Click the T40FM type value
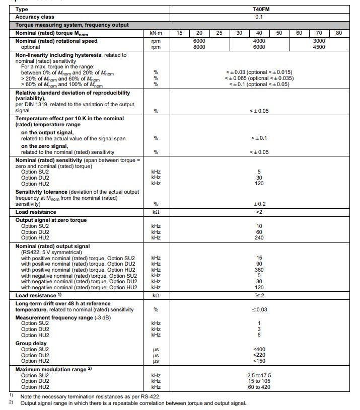click(x=259, y=9)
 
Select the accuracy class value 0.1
click(x=259, y=17)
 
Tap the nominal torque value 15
click(x=180, y=33)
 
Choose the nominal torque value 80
click(x=339, y=33)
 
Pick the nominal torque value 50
click(x=279, y=33)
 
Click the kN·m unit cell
click(x=156, y=33)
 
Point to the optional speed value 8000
click(x=199, y=47)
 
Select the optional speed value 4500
click(x=319, y=47)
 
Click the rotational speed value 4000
click(x=259, y=41)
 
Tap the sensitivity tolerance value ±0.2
click(x=259, y=204)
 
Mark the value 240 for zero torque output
click(x=259, y=238)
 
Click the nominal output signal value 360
click(x=259, y=270)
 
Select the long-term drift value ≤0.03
click(x=259, y=309)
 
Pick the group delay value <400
click(x=259, y=349)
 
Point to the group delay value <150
click(x=259, y=361)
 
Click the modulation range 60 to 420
click(x=259, y=387)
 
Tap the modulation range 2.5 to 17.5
click(x=259, y=375)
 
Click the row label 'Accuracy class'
click(x=35, y=17)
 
